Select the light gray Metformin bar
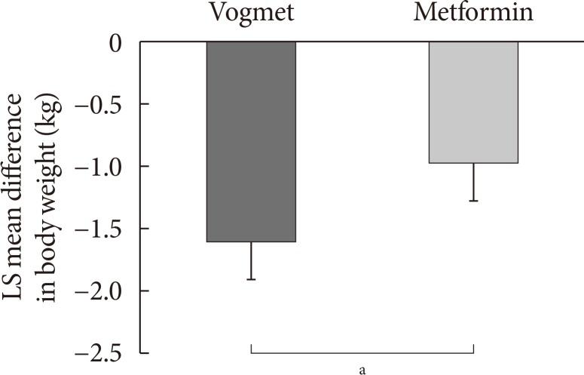(473, 102)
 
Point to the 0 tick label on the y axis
(117, 42)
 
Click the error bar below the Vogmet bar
(251, 261)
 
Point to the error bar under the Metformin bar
(473, 183)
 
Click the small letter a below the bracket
(362, 369)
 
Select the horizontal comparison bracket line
(362, 352)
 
